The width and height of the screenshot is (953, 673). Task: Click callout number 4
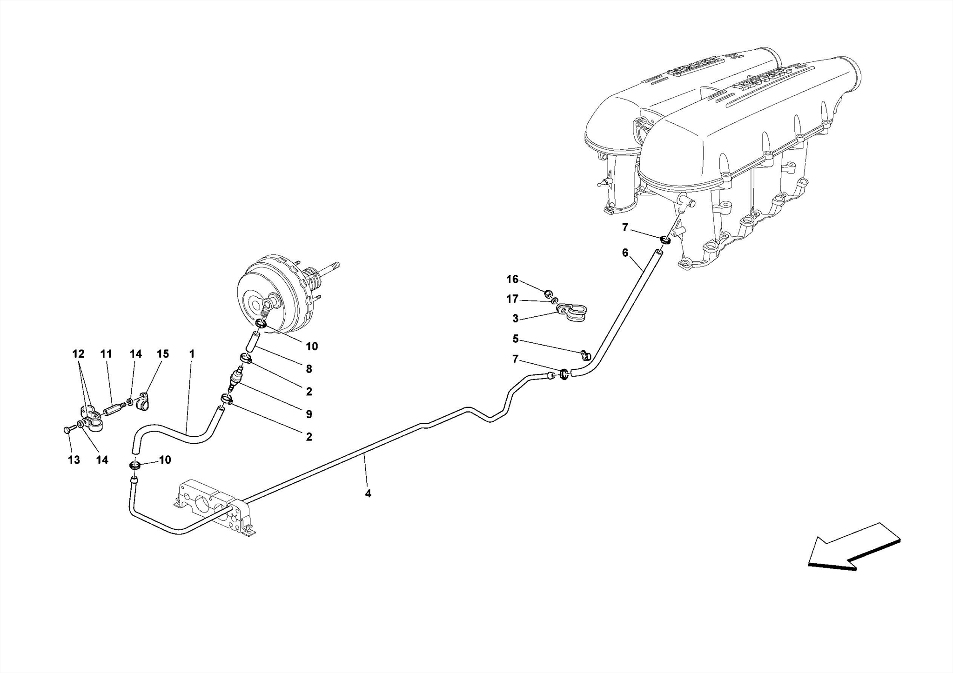(x=368, y=494)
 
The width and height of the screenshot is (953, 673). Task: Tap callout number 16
(x=512, y=280)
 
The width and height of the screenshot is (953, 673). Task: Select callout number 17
(x=512, y=299)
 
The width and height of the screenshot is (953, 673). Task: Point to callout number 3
(x=515, y=319)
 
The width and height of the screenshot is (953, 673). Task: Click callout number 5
(x=515, y=339)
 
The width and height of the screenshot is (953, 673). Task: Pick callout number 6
(x=625, y=253)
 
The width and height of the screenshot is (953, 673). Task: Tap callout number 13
(x=74, y=460)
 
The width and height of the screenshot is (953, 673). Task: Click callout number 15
(x=162, y=354)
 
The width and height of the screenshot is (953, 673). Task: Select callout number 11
(x=106, y=354)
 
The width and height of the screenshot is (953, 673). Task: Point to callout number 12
(x=78, y=354)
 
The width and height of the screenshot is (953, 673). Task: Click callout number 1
(x=191, y=354)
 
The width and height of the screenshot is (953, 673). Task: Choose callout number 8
(x=309, y=369)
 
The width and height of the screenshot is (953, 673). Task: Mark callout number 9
(x=309, y=414)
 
